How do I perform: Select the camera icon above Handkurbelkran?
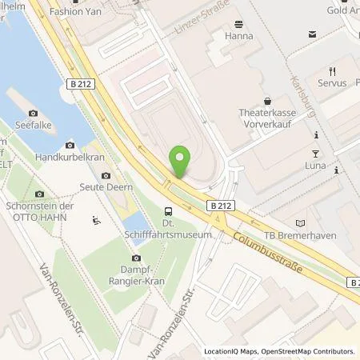70,145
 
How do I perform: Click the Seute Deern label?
106,186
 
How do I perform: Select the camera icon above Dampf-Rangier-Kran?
136,258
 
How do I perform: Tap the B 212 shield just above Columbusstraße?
222,206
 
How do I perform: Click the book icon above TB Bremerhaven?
300,222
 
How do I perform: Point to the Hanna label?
240,36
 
